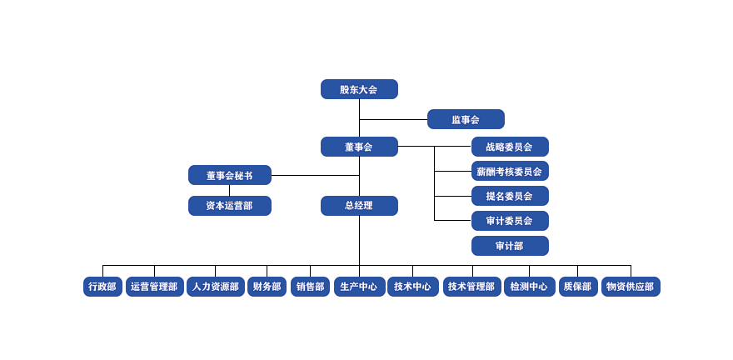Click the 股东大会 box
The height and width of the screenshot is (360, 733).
pyautogui.click(x=359, y=89)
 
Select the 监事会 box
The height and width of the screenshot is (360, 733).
pyautogui.click(x=466, y=119)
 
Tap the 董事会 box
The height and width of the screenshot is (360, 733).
pyautogui.click(x=359, y=147)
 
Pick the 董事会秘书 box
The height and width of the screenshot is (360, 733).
pyautogui.click(x=229, y=175)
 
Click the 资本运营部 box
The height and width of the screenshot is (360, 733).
pyautogui.click(x=229, y=206)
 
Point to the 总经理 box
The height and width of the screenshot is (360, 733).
pyautogui.click(x=359, y=206)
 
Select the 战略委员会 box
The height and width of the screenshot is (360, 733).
pyautogui.click(x=510, y=147)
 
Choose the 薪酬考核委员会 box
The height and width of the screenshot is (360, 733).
pyautogui.click(x=510, y=171)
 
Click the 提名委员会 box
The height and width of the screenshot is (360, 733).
pyautogui.click(x=510, y=196)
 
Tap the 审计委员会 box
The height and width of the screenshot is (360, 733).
pyautogui.click(x=510, y=221)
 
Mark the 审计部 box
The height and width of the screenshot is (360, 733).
pyautogui.click(x=510, y=246)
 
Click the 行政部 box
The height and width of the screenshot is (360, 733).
pyautogui.click(x=102, y=287)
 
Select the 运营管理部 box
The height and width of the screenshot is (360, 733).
pyautogui.click(x=154, y=287)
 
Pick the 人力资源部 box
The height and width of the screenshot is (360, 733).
pyautogui.click(x=215, y=287)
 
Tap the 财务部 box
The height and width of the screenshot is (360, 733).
pyautogui.click(x=267, y=287)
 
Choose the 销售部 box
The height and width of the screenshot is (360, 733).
pyautogui.click(x=310, y=287)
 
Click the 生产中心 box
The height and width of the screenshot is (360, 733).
pyautogui.click(x=359, y=287)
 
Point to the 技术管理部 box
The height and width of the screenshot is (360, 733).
pyautogui.click(x=471, y=287)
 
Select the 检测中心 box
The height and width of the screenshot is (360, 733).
pyautogui.click(x=529, y=287)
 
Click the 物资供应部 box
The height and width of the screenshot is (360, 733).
pyautogui.click(x=631, y=287)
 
